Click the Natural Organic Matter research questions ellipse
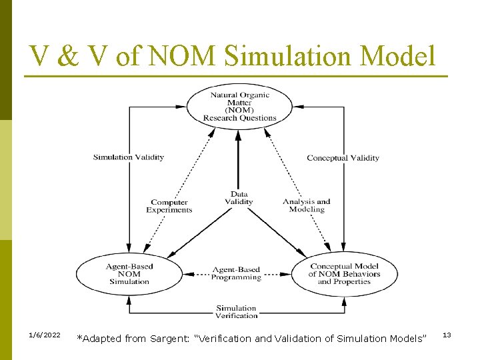tap(239, 107)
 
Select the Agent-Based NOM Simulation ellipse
tap(129, 274)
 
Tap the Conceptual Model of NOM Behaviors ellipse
tap(344, 274)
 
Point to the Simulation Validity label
tap(129, 157)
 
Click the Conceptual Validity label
tap(343, 158)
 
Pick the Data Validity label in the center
tap(239, 198)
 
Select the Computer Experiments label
tap(169, 206)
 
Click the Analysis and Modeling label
tap(307, 205)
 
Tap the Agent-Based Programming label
tap(236, 274)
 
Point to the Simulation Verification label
tap(236, 311)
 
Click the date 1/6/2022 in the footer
tap(45, 335)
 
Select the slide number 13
tap(447, 335)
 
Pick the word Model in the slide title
tap(397, 56)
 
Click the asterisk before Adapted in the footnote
tap(79, 338)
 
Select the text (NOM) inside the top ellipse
tap(239, 110)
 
